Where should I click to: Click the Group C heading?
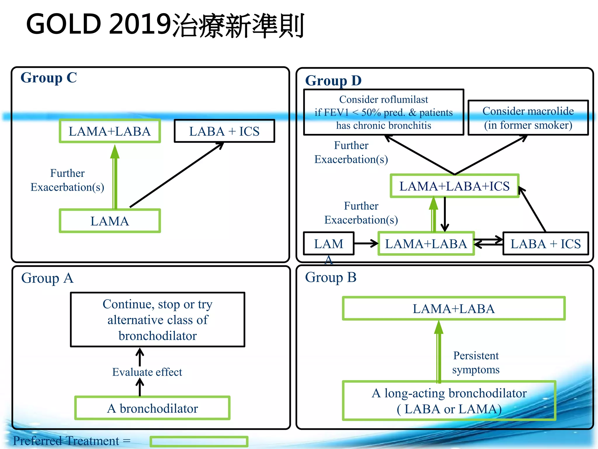click(49, 78)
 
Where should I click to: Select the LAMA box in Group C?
click(110, 221)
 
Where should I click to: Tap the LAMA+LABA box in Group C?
click(110, 131)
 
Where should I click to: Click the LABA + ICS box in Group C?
click(224, 131)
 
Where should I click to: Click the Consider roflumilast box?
click(383, 112)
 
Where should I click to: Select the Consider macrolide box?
click(528, 118)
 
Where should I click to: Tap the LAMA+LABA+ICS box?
click(454, 186)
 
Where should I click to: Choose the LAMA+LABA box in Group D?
click(426, 244)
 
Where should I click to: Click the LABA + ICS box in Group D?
click(545, 244)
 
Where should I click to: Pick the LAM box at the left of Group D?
click(329, 244)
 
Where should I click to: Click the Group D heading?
click(333, 81)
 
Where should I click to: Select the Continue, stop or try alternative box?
click(158, 320)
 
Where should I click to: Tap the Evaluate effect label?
click(147, 372)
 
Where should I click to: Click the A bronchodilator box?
click(152, 408)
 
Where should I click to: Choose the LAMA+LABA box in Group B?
click(454, 309)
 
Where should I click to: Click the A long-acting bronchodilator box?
click(449, 401)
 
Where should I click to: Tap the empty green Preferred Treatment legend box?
click(199, 441)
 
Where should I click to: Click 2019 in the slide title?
click(140, 24)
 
